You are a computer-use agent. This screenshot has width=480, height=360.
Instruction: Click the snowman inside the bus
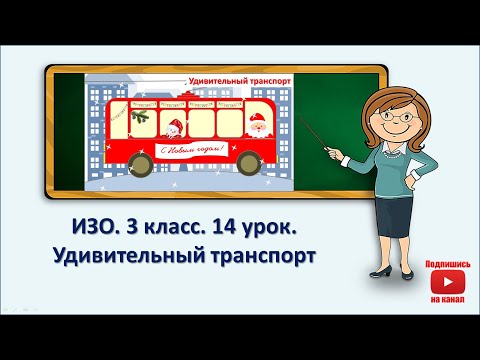tap(174, 128)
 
